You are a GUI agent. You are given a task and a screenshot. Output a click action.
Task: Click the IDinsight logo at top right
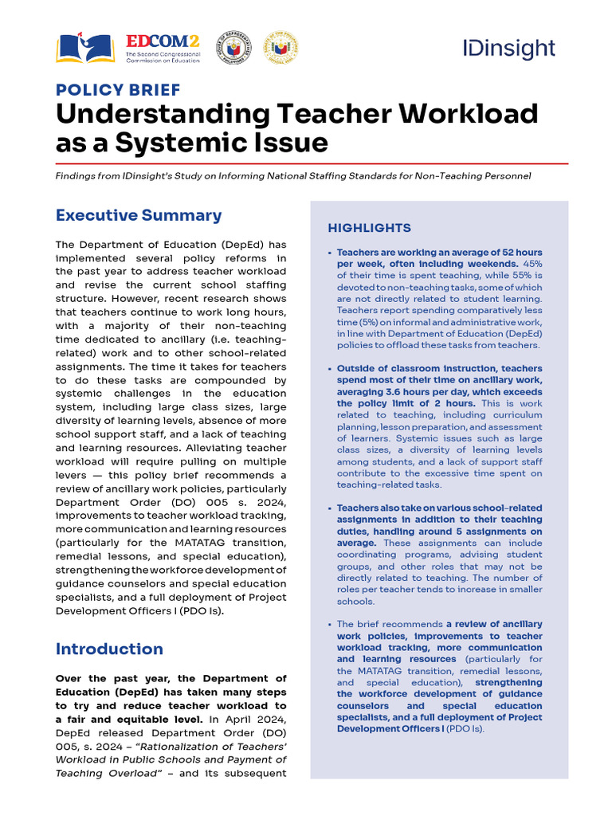pyautogui.click(x=508, y=48)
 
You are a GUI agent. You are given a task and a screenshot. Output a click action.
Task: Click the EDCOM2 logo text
pyautogui.click(x=162, y=42)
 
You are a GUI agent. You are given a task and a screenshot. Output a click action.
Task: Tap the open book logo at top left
pyautogui.click(x=85, y=48)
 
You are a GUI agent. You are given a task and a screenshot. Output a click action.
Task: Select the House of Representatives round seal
pyautogui.click(x=233, y=48)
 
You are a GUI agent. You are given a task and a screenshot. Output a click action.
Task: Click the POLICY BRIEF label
pyautogui.click(x=118, y=90)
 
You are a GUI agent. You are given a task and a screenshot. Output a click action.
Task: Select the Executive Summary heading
pyautogui.click(x=139, y=215)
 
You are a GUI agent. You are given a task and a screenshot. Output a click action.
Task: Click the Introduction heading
pyautogui.click(x=109, y=649)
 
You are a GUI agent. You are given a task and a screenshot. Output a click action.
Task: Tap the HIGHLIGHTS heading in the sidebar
pyautogui.click(x=369, y=228)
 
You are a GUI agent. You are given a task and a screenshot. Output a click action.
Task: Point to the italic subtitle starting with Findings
pyautogui.click(x=292, y=176)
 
